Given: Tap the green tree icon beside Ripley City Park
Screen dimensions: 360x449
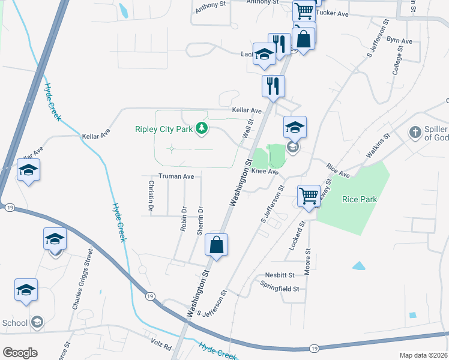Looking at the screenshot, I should [x=203, y=128].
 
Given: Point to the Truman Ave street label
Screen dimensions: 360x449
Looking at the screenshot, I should [x=176, y=176].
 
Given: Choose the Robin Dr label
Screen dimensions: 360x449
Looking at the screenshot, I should [x=184, y=219].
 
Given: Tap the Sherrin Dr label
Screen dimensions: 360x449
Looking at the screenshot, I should [x=200, y=221].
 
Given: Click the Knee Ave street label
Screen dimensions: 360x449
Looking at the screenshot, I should [x=265, y=172].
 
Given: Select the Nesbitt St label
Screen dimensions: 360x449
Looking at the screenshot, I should [x=280, y=275].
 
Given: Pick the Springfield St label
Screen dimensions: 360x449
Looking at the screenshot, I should [x=279, y=289].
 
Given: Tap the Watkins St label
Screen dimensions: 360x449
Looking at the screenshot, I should [x=379, y=145].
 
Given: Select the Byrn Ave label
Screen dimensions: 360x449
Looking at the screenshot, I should [x=399, y=41].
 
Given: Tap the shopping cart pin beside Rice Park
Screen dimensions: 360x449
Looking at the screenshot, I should [x=309, y=195].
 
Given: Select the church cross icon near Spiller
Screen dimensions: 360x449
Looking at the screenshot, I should [x=414, y=132].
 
